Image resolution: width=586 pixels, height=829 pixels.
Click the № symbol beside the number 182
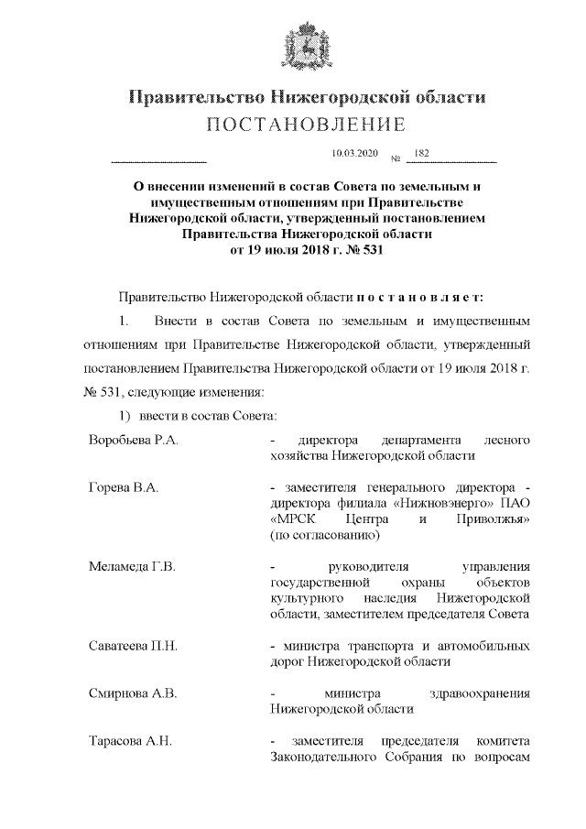(396, 160)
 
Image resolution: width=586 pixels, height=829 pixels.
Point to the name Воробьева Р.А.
(133, 441)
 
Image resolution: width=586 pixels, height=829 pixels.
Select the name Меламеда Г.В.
(132, 567)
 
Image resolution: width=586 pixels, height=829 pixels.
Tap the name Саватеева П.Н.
(133, 646)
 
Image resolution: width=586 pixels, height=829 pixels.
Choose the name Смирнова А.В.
(132, 693)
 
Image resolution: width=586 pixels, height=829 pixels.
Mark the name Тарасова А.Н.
(130, 741)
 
